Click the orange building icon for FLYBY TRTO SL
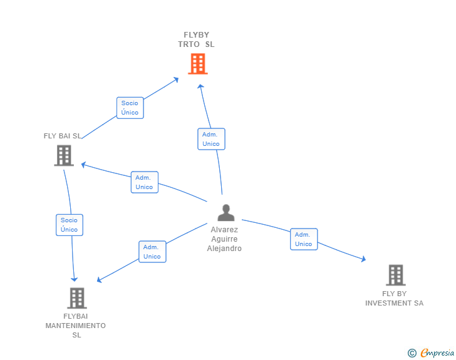pos(197,63)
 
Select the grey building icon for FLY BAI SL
pos(64,155)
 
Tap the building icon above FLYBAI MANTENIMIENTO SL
pos(76,298)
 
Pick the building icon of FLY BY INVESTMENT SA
pos(395,275)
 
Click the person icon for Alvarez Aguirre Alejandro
pos(225,213)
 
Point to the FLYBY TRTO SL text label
pos(196,39)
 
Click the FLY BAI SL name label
pos(62,136)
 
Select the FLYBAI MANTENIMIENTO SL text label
pos(76,326)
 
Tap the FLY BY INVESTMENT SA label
pos(394,298)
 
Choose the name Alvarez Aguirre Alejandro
pos(224,239)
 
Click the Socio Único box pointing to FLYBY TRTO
pos(130,108)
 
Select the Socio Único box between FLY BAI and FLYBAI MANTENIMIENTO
pos(69,225)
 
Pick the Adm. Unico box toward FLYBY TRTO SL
pos(210,139)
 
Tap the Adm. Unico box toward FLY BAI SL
pos(144,182)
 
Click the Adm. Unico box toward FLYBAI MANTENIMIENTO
pos(152,252)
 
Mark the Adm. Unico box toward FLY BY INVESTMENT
pos(303,239)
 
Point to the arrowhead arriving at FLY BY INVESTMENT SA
pos(363,259)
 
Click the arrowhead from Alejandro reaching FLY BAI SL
pos(83,165)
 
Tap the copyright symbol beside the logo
pos(412,353)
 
